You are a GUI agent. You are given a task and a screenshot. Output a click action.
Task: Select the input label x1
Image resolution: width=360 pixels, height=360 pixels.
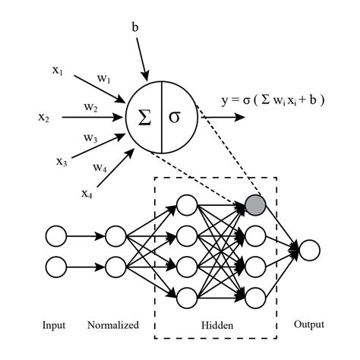pos(58,71)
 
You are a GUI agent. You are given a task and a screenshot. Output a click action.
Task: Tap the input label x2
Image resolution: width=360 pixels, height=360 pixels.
pos(43,117)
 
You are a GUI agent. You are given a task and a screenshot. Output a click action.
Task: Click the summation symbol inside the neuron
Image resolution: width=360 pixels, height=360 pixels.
pos(144,118)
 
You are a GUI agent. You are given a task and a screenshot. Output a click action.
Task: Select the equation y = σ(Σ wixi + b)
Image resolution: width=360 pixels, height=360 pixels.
pos(273,99)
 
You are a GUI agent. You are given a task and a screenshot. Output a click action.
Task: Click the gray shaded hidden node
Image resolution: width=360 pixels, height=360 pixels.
pos(256,204)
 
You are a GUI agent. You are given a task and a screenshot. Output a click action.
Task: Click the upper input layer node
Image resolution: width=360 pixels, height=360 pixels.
pos(57,235)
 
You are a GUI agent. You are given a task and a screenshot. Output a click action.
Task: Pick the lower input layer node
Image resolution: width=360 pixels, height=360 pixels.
pos(57,267)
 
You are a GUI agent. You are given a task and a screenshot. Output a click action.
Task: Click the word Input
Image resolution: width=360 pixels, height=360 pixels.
pos(55,326)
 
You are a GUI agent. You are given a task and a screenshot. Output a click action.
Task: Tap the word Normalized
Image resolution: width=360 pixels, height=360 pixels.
pos(114,326)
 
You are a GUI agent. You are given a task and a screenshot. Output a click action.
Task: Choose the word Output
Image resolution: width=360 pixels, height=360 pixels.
pos(309,324)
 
